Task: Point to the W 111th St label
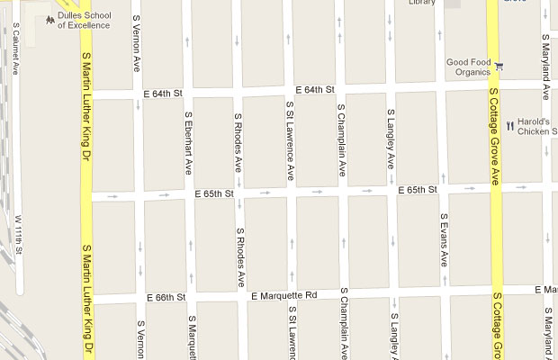17,237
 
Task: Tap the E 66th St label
166,297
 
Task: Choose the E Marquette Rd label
284,295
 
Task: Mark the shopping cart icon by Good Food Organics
499,65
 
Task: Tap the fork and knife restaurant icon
509,127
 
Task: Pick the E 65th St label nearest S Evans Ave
418,190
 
